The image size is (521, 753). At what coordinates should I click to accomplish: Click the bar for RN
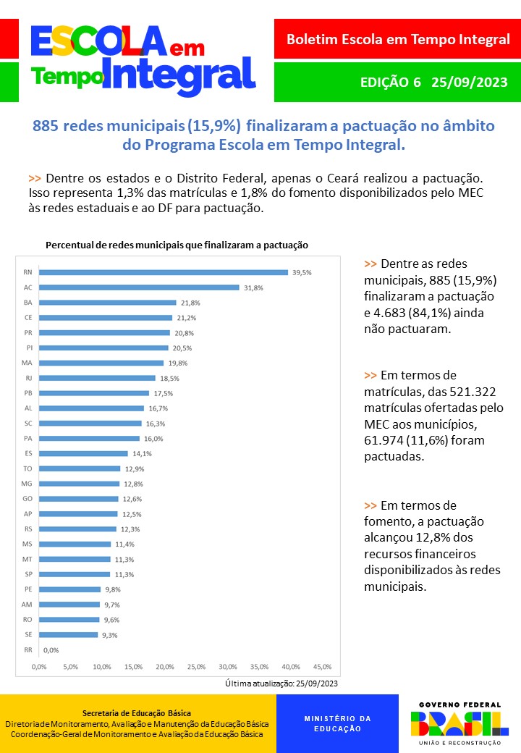164,272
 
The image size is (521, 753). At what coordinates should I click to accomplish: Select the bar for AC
139,287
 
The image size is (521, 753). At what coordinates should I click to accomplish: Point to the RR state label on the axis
27,650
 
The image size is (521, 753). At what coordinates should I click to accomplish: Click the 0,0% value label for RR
51,650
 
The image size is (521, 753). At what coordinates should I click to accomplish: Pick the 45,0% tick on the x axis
322,666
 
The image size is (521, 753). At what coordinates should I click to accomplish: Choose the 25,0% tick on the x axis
196,666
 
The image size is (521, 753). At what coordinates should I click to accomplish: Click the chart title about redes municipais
177,245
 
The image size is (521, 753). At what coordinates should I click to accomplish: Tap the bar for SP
75,574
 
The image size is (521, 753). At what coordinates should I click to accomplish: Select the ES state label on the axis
27,453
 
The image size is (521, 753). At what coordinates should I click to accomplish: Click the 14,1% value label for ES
139,454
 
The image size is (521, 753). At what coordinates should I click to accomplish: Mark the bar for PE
70,589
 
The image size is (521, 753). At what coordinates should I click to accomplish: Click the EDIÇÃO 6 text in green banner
390,82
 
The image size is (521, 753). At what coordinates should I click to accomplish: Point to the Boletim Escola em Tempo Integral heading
398,40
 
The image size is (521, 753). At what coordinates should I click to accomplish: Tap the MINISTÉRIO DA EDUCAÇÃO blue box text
337,724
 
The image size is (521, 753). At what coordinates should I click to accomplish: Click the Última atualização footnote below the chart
281,683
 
